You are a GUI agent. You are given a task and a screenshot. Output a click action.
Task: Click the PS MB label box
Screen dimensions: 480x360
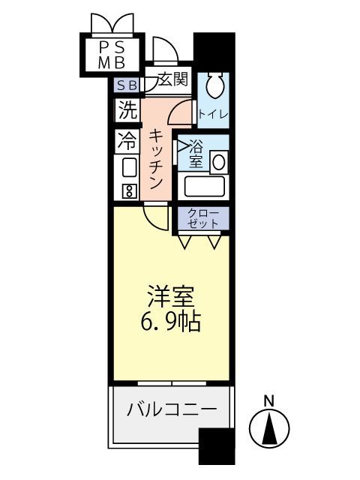pyautogui.click(x=110, y=53)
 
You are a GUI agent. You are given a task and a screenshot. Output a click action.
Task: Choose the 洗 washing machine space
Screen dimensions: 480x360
pyautogui.click(x=127, y=110)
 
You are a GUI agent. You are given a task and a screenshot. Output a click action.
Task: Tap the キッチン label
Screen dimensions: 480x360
pyautogui.click(x=156, y=160)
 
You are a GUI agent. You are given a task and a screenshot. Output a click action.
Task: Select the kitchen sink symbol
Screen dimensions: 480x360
pyautogui.click(x=128, y=166)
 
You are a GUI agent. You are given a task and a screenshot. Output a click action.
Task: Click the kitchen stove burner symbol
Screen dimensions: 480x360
pyautogui.click(x=128, y=190)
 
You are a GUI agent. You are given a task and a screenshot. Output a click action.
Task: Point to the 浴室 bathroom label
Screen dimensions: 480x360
pyautogui.click(x=196, y=153)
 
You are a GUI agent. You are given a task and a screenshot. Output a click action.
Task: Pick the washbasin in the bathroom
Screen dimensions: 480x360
pyautogui.click(x=220, y=160)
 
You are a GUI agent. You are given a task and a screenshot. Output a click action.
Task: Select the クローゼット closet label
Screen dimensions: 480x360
pyautogui.click(x=202, y=218)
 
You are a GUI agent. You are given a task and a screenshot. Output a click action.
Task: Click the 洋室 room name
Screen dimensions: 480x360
pyautogui.click(x=170, y=295)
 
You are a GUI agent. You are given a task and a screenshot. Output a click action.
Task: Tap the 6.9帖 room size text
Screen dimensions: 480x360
pyautogui.click(x=170, y=323)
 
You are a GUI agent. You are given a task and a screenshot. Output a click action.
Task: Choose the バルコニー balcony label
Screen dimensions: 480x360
pyautogui.click(x=171, y=410)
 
